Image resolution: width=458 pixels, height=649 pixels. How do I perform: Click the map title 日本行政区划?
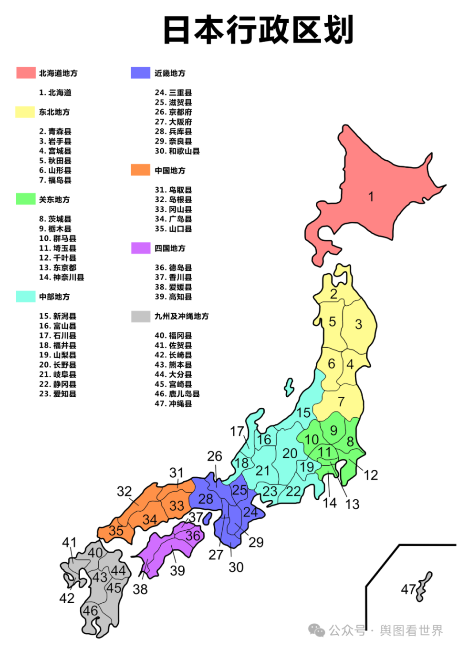pyautogui.click(x=258, y=30)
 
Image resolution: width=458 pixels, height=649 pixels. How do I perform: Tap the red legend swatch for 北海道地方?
pyautogui.click(x=26, y=72)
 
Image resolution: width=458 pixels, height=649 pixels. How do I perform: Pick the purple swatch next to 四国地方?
pyautogui.click(x=140, y=248)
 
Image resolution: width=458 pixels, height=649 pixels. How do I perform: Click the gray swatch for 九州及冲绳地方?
pyautogui.click(x=140, y=316)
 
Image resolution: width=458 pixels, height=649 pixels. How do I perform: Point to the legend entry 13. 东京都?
pyautogui.click(x=58, y=268)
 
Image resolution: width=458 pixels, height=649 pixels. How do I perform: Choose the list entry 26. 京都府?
pyautogui.click(x=173, y=112)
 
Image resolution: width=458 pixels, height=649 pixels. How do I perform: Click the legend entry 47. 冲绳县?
pyautogui.click(x=173, y=404)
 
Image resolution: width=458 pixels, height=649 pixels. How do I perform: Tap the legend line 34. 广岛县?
pyautogui.click(x=173, y=219)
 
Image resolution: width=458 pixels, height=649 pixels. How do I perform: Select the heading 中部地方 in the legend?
pyautogui.click(x=54, y=297)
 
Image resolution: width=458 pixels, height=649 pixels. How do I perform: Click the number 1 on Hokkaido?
pyautogui.click(x=371, y=196)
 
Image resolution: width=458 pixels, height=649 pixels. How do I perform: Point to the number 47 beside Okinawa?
pyautogui.click(x=408, y=589)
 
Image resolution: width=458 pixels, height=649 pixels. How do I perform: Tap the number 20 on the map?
pyautogui.click(x=290, y=453)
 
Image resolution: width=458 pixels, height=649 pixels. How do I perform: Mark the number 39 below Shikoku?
pyautogui.click(x=177, y=570)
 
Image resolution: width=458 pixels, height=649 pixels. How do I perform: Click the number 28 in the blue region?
pyautogui.click(x=206, y=499)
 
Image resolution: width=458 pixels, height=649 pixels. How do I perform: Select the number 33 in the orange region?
pyautogui.click(x=177, y=505)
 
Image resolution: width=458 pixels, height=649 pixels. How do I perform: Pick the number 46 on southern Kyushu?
pyautogui.click(x=90, y=610)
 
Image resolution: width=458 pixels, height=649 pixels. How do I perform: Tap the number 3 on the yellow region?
pyautogui.click(x=358, y=324)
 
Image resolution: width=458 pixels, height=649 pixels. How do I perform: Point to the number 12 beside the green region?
pyautogui.click(x=371, y=475)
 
